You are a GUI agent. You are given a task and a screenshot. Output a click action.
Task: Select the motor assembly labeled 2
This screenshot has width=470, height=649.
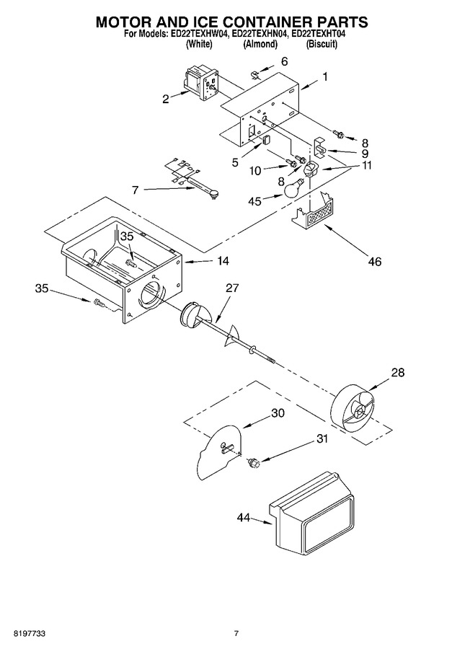click(202, 83)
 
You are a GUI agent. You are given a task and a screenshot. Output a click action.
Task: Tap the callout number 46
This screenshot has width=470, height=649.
click(374, 261)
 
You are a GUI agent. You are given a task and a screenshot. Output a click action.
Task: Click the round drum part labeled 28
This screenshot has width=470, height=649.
click(353, 409)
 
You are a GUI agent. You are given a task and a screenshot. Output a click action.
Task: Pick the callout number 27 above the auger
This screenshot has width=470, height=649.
click(232, 288)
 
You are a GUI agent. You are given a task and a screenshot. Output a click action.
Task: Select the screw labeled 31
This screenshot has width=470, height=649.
click(252, 463)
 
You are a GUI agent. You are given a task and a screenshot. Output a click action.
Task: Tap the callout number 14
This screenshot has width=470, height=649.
click(223, 261)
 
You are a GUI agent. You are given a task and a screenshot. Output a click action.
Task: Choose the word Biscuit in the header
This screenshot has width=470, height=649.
click(322, 44)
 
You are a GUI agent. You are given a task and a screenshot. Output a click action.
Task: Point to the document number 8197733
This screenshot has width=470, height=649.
click(29, 633)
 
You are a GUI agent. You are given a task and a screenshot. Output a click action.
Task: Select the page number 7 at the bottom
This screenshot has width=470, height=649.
click(236, 633)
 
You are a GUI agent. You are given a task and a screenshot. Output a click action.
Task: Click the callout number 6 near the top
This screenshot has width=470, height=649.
click(284, 61)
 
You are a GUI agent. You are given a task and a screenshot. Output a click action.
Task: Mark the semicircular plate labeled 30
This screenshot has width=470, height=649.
click(219, 452)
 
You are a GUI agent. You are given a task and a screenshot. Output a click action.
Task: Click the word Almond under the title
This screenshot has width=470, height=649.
click(260, 44)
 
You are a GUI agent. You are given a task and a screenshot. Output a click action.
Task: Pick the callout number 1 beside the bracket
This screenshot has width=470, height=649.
click(325, 77)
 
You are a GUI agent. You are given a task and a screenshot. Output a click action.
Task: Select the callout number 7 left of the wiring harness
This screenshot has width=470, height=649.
click(136, 190)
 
